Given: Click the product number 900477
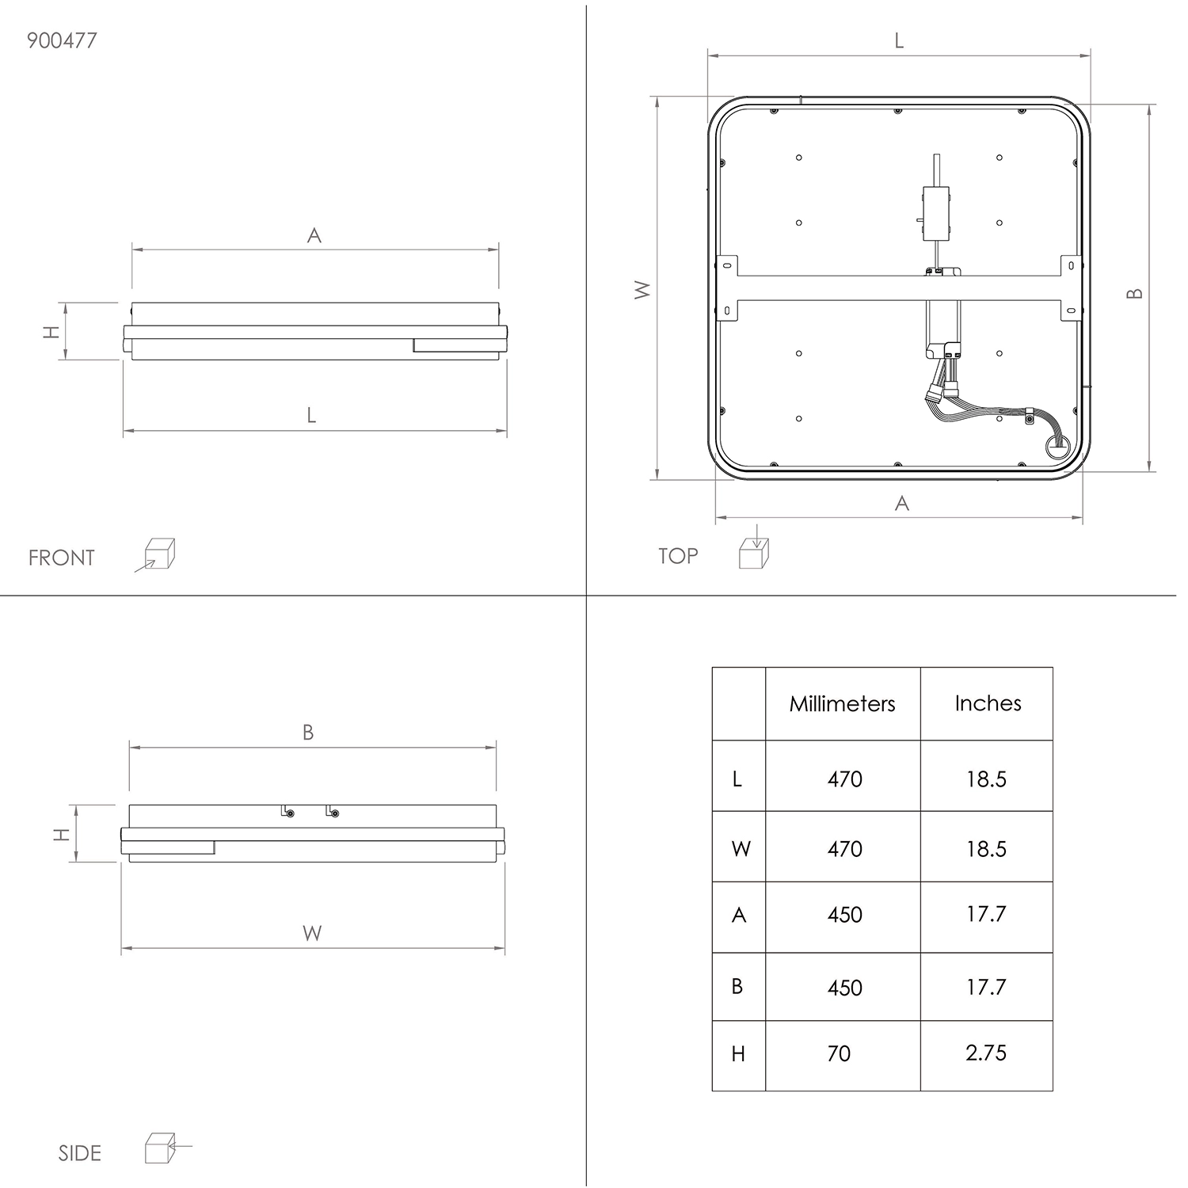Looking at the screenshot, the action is pyautogui.click(x=62, y=40).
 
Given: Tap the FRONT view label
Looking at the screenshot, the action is pyautogui.click(x=61, y=558).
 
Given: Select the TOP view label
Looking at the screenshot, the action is pyautogui.click(x=678, y=556).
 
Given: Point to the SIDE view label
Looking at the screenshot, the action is pyautogui.click(x=80, y=1153).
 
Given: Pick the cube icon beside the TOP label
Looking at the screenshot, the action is pyautogui.click(x=754, y=547).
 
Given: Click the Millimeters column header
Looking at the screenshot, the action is pyautogui.click(x=842, y=703).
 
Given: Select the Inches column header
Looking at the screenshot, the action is pyautogui.click(x=988, y=703).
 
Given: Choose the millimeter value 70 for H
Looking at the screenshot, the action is pyautogui.click(x=839, y=1053).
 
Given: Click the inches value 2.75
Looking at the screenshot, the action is pyautogui.click(x=986, y=1053).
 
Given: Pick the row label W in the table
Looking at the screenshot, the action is pyautogui.click(x=741, y=849).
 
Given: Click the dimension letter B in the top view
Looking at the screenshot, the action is pyautogui.click(x=1135, y=293).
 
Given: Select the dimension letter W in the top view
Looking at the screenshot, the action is pyautogui.click(x=642, y=290).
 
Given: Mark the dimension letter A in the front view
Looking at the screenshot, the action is pyautogui.click(x=314, y=235).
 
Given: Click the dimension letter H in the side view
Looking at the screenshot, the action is pyautogui.click(x=61, y=834).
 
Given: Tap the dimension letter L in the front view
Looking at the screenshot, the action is pyautogui.click(x=312, y=415).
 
